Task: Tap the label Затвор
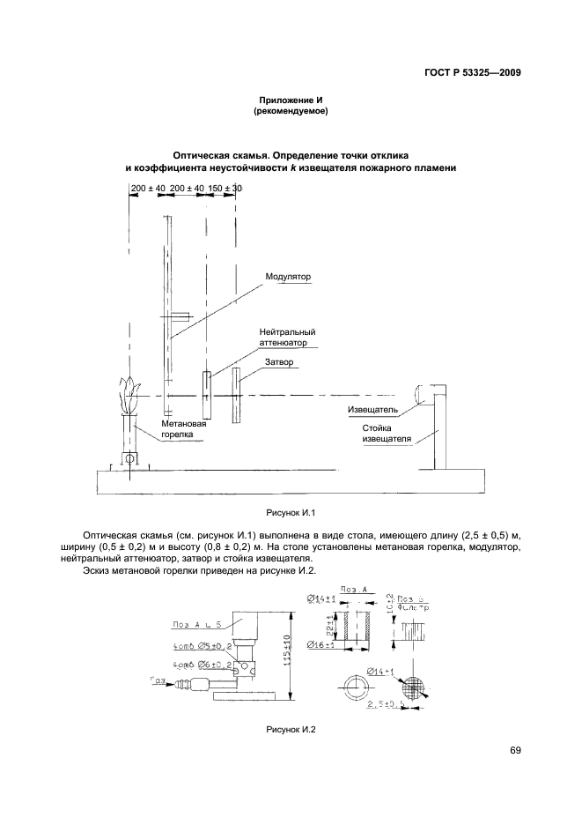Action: click(279, 361)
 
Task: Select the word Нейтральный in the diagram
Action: click(287, 332)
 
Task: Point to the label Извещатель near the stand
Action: click(373, 410)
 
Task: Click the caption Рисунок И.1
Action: click(290, 512)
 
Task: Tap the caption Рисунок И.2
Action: click(290, 730)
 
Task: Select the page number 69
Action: click(516, 750)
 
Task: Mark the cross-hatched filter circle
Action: click(414, 688)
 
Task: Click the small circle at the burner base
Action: click(129, 458)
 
